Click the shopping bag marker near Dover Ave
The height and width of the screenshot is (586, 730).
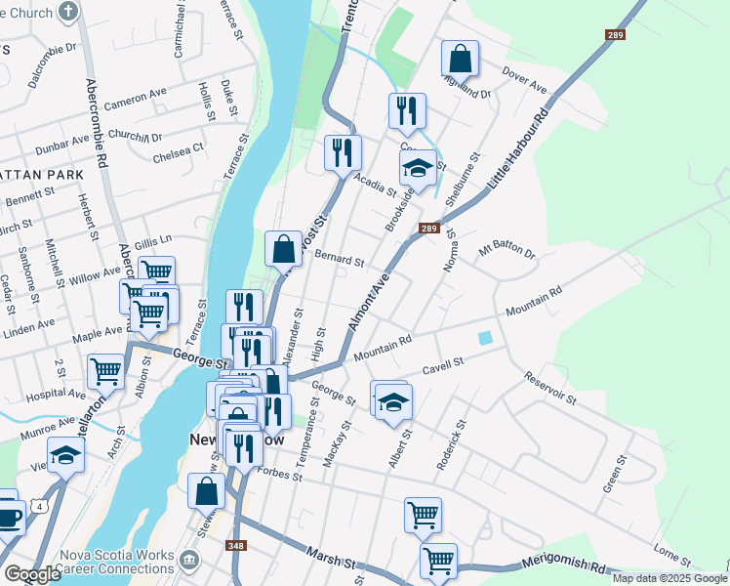460,59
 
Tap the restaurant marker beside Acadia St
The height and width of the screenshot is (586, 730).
344,153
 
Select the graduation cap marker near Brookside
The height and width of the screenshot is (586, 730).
418,169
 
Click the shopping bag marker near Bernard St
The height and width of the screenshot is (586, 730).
283,249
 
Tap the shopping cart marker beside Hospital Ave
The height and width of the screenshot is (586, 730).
105,371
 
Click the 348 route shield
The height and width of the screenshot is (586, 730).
235,546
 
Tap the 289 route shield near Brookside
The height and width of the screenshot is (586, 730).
428,229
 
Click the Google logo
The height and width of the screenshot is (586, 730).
32,573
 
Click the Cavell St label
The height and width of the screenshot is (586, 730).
442,366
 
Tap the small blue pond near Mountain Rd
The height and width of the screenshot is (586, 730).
485,338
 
